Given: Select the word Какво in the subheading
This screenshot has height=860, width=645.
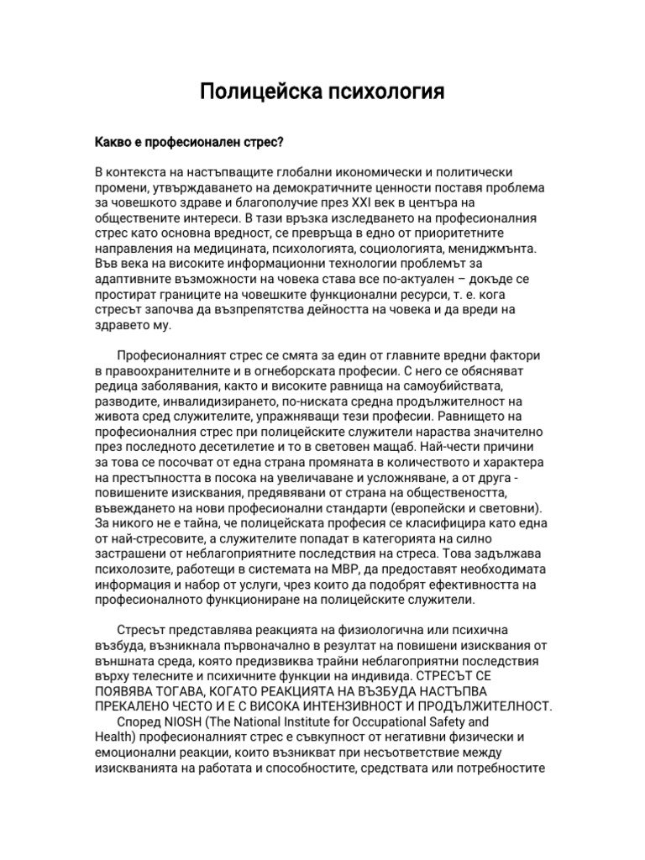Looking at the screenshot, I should coord(114,143).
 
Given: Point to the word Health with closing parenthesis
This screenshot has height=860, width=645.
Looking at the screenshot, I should coord(115,737).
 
